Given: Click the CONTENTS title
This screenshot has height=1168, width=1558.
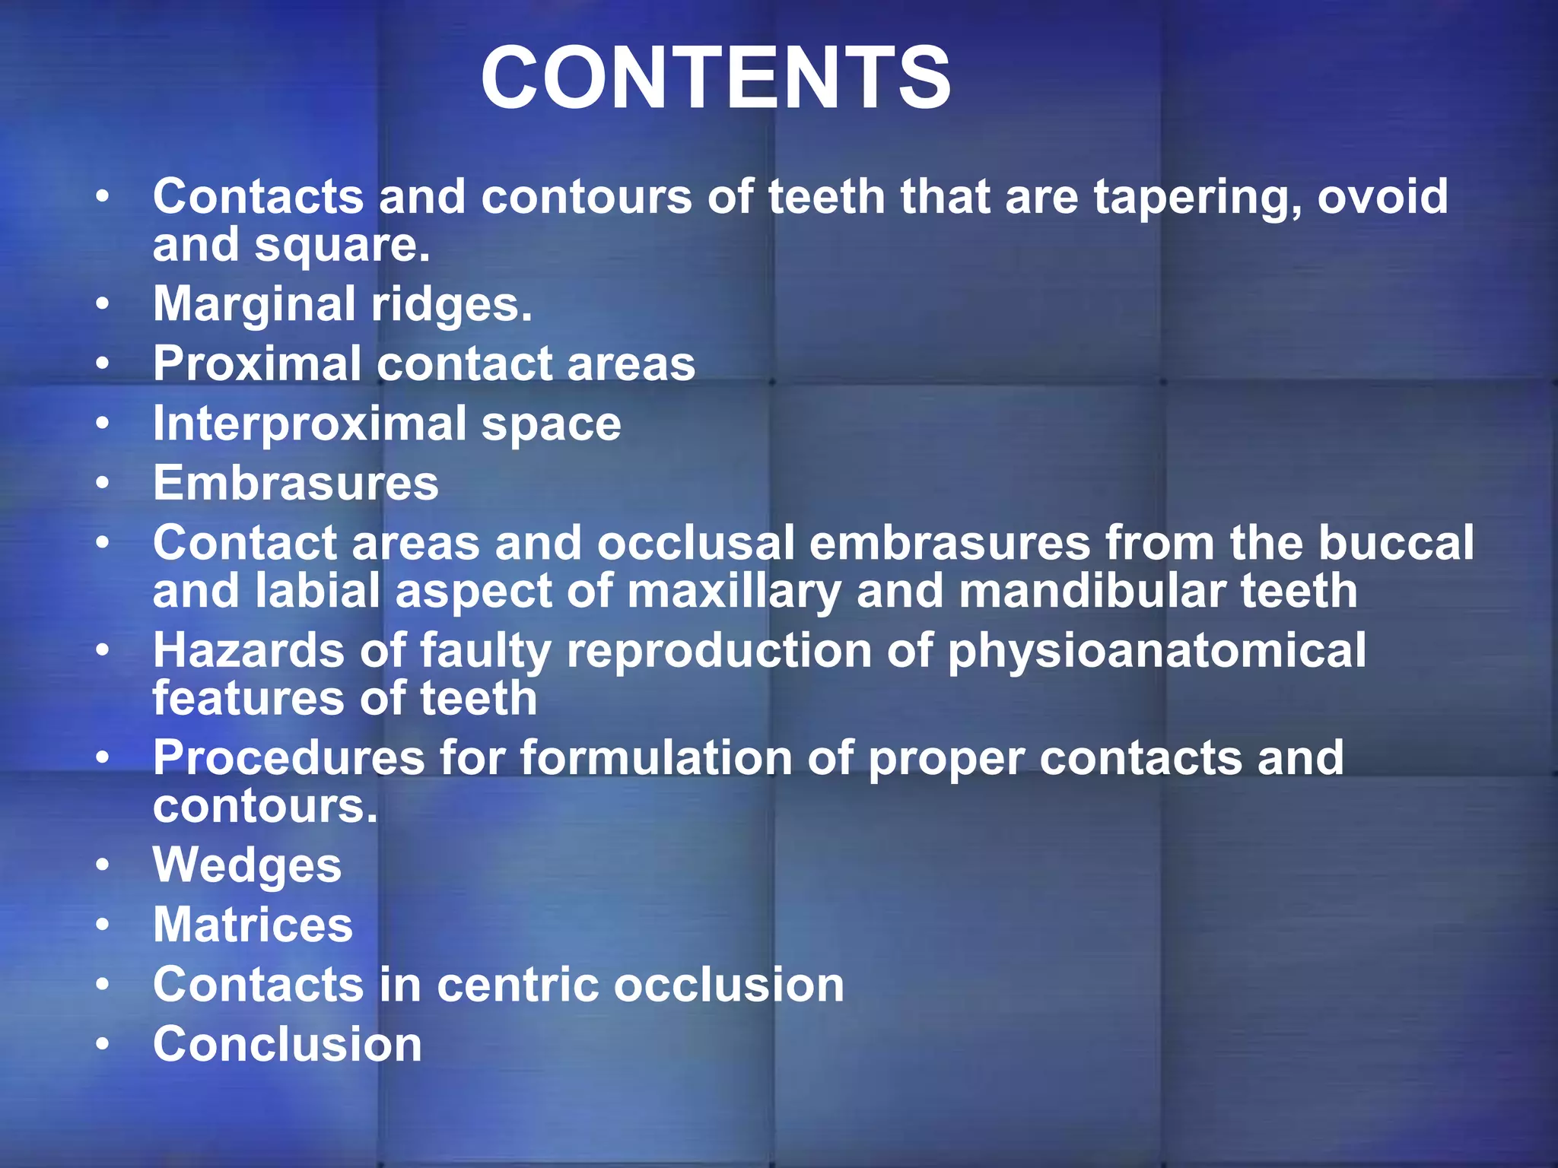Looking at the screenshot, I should tap(715, 78).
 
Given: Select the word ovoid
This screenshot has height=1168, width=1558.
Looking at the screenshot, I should tap(1382, 196).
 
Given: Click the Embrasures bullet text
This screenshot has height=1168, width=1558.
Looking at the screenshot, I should tap(296, 484).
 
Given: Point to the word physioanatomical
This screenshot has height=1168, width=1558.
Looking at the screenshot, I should tap(1156, 652).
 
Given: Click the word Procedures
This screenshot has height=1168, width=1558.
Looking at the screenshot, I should tap(289, 759).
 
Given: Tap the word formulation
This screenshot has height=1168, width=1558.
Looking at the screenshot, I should tap(655, 759).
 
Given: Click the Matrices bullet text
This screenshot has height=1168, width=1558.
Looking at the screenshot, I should tap(253, 925).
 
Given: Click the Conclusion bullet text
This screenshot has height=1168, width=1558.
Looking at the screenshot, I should tap(287, 1045).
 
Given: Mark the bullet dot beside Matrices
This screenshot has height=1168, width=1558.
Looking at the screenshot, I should tap(103, 926).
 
